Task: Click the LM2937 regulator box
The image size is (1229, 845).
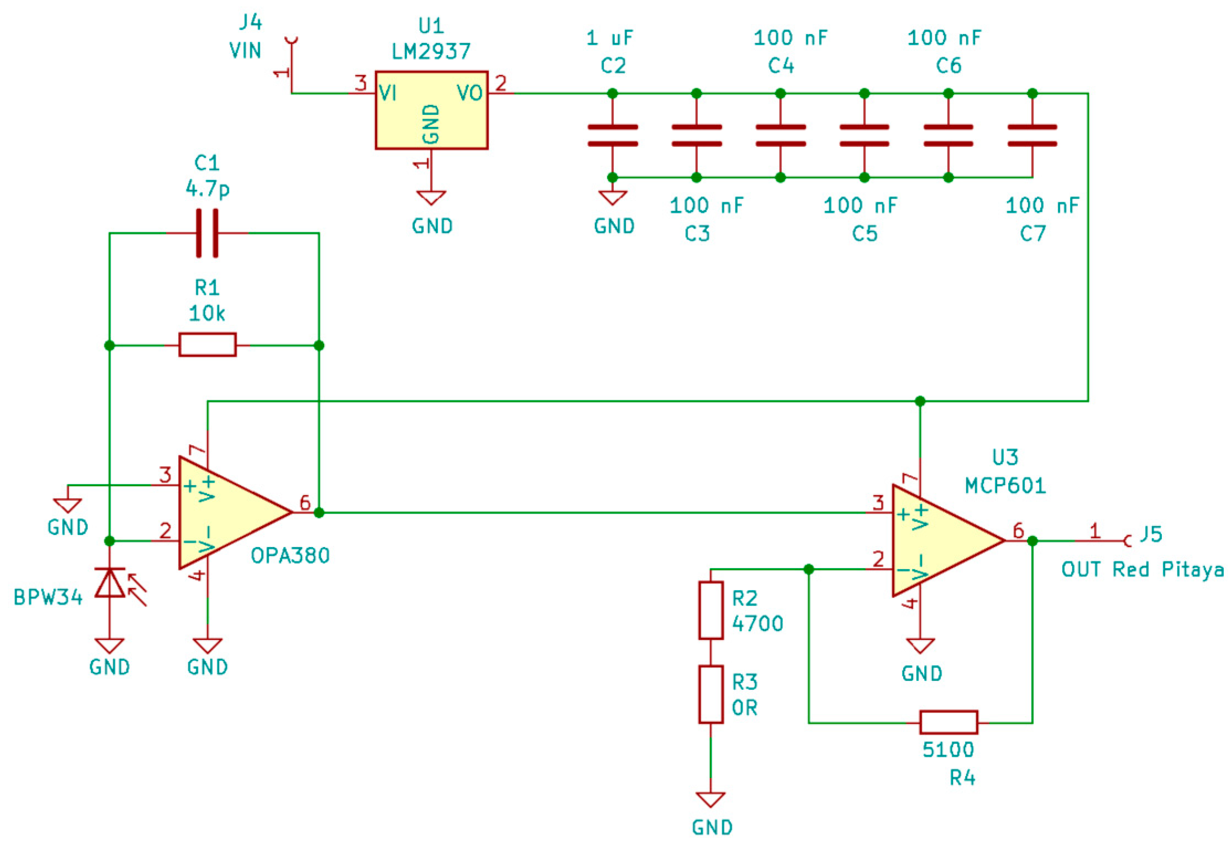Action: point(431,110)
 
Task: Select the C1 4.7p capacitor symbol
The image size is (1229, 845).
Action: point(207,233)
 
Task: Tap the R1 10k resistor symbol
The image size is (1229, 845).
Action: point(207,345)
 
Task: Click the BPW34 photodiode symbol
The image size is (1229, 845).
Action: point(110,583)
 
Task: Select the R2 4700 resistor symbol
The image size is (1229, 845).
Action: point(711,611)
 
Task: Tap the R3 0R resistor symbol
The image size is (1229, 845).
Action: point(711,694)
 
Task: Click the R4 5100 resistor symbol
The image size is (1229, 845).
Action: point(948,722)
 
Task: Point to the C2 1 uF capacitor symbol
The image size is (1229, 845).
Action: point(613,135)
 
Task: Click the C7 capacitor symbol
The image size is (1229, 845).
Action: point(1032,135)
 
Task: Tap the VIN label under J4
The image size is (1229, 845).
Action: point(245,51)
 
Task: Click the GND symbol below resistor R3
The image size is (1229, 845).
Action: point(711,799)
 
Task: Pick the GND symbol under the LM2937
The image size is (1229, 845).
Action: point(431,198)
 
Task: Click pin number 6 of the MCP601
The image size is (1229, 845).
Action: point(1018,530)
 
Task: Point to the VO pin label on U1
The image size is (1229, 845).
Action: point(469,94)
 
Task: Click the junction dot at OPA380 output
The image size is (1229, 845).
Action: point(319,512)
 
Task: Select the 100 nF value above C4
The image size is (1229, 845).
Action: point(790,38)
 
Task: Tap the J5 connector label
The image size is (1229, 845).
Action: point(1151,534)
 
